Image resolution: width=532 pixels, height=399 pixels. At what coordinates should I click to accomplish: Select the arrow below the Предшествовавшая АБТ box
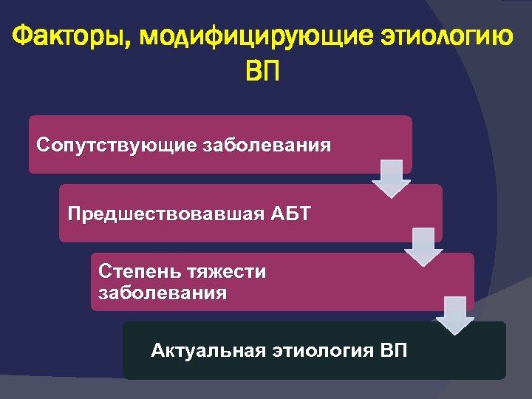pos(422,247)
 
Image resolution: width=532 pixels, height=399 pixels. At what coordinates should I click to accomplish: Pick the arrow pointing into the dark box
pos(454,316)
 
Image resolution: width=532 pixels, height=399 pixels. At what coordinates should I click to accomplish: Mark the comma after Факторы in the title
pos(134,44)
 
